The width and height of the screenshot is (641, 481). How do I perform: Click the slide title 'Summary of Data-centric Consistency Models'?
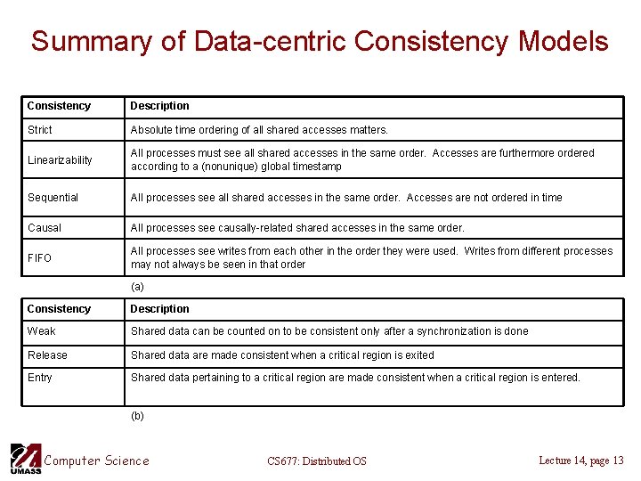[320, 41]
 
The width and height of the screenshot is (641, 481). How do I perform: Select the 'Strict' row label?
[40, 130]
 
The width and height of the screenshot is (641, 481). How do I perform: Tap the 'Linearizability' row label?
[60, 160]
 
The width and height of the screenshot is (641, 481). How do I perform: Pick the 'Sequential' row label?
[53, 198]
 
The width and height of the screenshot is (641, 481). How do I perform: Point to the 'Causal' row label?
[45, 228]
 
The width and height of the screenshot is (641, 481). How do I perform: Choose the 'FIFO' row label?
[39, 258]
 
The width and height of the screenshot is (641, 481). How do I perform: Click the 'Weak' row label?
[41, 331]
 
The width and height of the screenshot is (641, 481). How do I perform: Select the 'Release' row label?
[47, 355]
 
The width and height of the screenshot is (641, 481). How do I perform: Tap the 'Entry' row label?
[40, 378]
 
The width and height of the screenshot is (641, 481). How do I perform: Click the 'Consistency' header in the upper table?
[59, 106]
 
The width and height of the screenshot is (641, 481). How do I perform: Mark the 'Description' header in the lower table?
[160, 309]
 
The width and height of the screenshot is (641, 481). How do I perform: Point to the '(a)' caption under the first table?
[137, 287]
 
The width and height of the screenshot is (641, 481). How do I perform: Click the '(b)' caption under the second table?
[137, 416]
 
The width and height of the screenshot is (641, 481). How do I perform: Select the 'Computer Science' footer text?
[96, 461]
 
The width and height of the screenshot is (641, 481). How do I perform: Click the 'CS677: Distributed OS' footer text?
[317, 461]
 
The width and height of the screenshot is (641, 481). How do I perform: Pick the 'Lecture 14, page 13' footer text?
[581, 461]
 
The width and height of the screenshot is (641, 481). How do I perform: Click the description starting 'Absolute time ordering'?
[259, 130]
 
